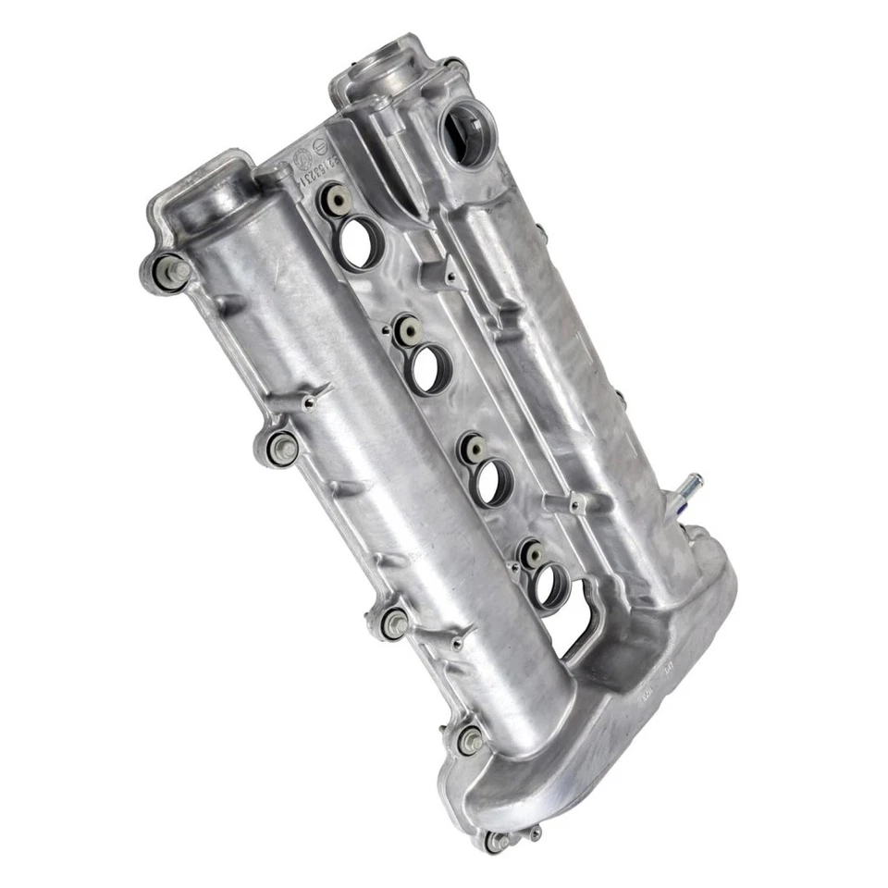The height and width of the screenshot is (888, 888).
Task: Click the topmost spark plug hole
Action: tap(358, 241)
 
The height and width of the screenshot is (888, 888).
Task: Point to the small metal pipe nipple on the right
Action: tap(690, 485)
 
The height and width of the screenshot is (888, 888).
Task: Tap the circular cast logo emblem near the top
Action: tap(310, 154)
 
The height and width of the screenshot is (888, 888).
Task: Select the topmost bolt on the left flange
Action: tap(176, 271)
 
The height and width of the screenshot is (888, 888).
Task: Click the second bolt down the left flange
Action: tap(283, 448)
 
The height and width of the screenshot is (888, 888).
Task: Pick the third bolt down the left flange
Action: tap(397, 624)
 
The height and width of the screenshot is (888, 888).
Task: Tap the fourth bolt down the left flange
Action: tap(471, 741)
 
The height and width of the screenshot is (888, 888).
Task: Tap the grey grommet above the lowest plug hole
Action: tap(533, 554)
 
